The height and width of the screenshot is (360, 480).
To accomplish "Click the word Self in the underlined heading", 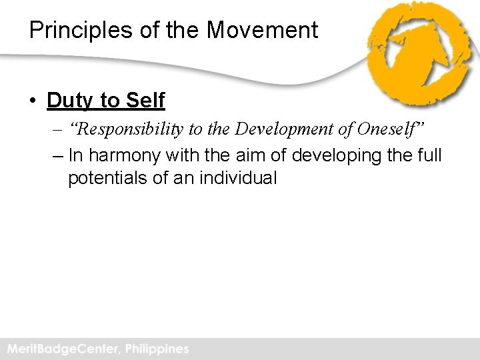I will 145,101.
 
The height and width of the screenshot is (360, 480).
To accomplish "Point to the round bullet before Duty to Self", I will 33,101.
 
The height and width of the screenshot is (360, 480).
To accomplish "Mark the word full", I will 428,155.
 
